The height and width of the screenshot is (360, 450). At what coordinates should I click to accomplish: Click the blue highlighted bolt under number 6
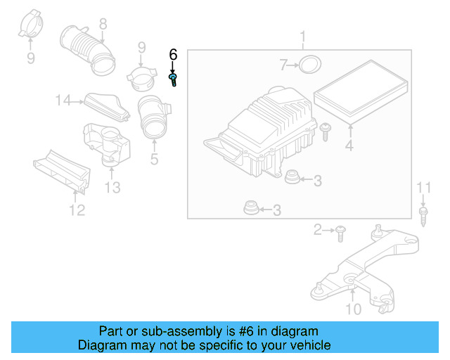click(174, 79)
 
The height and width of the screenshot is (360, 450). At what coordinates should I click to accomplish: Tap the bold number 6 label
click(174, 55)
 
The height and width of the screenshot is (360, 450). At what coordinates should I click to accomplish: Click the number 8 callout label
click(103, 25)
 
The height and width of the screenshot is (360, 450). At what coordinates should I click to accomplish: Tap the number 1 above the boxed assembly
click(302, 37)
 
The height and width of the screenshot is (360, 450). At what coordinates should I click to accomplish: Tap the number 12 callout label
click(77, 210)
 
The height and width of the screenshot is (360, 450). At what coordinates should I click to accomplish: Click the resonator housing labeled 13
click(107, 143)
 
